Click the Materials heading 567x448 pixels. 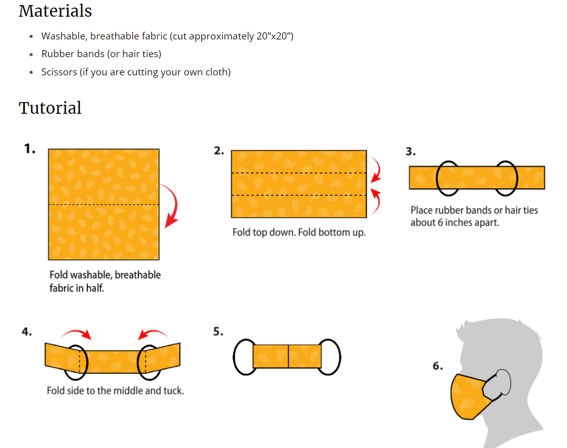pyautogui.click(x=55, y=11)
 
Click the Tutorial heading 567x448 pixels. pyautogui.click(x=50, y=108)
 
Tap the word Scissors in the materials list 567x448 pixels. pyautogui.click(x=59, y=72)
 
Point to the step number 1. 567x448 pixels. pyautogui.click(x=30, y=149)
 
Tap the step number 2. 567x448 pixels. pyautogui.click(x=219, y=151)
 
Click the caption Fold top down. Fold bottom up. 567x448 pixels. pyautogui.click(x=298, y=233)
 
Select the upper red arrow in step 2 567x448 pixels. pyautogui.click(x=375, y=170)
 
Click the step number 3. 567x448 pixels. pyautogui.click(x=410, y=151)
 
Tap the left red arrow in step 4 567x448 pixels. pyautogui.click(x=76, y=333)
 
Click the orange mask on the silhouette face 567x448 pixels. pyautogui.click(x=467, y=397)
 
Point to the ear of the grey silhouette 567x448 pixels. pyautogui.click(x=501, y=381)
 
